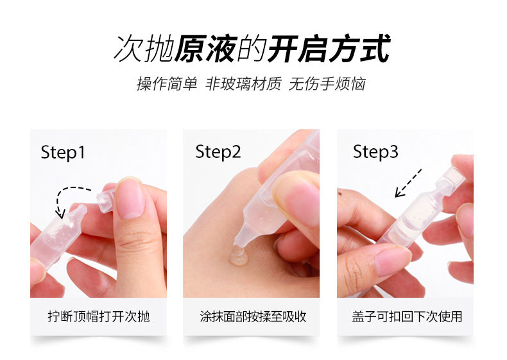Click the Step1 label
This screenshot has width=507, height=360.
point(63,152)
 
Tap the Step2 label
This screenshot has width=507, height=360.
point(218,151)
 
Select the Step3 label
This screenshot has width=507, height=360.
point(375,151)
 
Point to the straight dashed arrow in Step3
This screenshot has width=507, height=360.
point(408,183)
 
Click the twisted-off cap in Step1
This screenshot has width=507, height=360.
point(106,201)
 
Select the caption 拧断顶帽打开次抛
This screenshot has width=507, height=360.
point(99,316)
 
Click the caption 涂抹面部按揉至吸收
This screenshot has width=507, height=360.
point(253,316)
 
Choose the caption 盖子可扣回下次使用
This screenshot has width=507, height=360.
point(407,316)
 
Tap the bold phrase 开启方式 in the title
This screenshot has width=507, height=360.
point(329,49)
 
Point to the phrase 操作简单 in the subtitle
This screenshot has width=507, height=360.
point(167,84)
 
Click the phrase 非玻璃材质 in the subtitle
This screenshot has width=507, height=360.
point(243,84)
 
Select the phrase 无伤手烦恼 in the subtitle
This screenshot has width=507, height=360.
point(327,84)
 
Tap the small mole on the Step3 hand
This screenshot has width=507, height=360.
point(340,194)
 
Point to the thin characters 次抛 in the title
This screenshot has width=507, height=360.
point(144,49)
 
